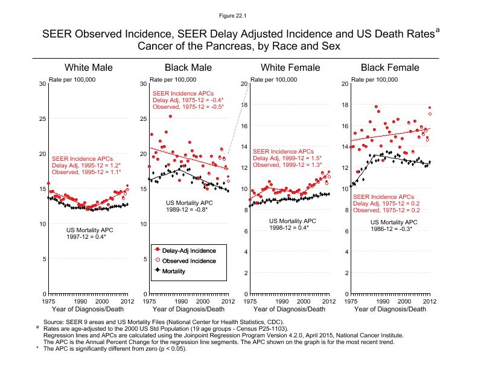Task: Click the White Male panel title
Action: pyautogui.click(x=88, y=67)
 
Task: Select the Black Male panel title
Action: pyautogui.click(x=188, y=67)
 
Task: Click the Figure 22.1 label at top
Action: pyautogui.click(x=238, y=15)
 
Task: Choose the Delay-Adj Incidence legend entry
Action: pyautogui.click(x=190, y=249)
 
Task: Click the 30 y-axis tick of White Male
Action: pyautogui.click(x=42, y=83)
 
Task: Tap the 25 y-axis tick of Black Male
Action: pyautogui.click(x=143, y=118)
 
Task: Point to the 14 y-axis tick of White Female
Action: pyautogui.click(x=244, y=147)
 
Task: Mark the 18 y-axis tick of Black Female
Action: pyautogui.click(x=345, y=105)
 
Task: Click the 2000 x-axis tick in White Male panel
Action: pyautogui.click(x=101, y=300)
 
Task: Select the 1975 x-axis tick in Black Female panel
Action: pyautogui.click(x=351, y=300)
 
